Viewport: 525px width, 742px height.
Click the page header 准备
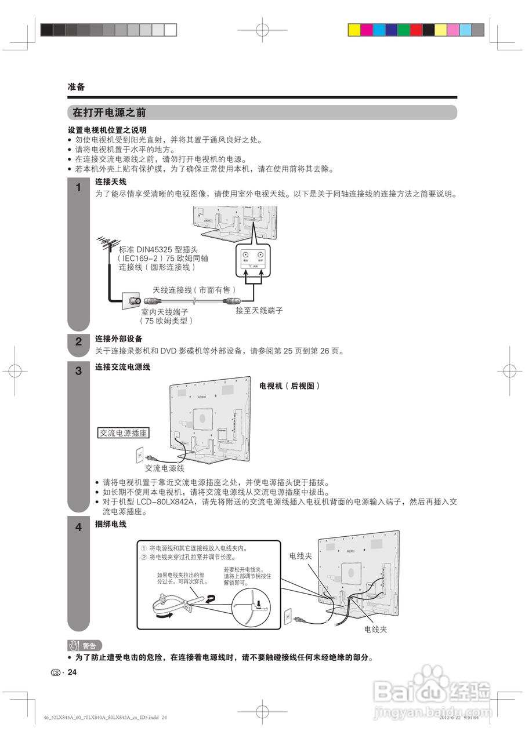[76, 87]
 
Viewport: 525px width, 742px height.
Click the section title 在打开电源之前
[109, 112]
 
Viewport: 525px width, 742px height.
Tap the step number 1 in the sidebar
[78, 188]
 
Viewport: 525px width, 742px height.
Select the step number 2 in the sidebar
[78, 342]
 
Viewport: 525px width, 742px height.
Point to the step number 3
[78, 372]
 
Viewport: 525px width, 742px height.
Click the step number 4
[78, 528]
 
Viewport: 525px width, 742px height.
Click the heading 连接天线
[111, 182]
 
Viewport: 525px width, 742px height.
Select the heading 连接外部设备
[119, 339]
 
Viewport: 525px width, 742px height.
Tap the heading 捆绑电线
[111, 524]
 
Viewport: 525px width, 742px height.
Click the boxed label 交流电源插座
[123, 432]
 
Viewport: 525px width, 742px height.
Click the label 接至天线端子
[259, 311]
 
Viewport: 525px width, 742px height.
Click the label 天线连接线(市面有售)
[194, 289]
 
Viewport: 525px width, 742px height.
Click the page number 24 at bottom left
[72, 672]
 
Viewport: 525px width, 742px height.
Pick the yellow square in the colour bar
[353, 30]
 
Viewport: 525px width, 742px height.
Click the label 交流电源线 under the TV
[165, 468]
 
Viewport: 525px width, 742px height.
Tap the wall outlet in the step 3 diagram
[139, 454]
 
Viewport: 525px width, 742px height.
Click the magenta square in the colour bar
[366, 30]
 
